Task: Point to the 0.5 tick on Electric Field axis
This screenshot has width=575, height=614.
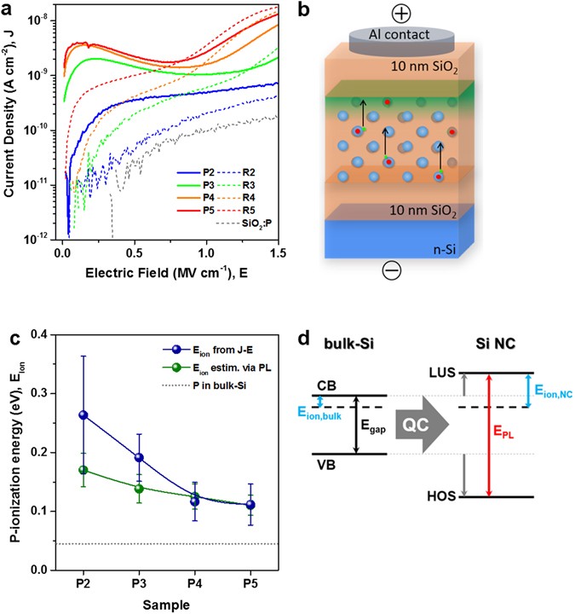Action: pyautogui.click(x=134, y=253)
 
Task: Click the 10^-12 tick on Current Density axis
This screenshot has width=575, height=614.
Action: pyautogui.click(x=44, y=239)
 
